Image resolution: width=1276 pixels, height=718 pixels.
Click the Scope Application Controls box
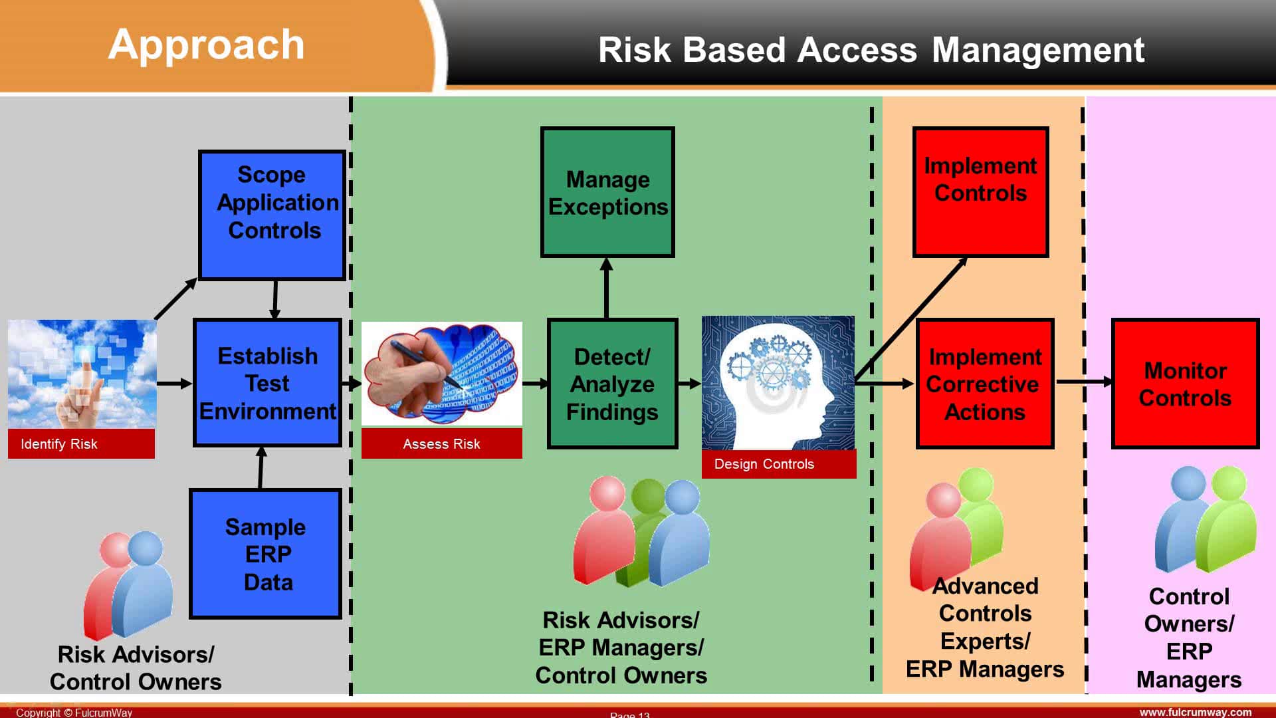pyautogui.click(x=272, y=215)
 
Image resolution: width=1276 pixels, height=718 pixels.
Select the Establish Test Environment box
pyautogui.click(x=267, y=383)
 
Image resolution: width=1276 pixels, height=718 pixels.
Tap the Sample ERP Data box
pyautogui.click(x=265, y=554)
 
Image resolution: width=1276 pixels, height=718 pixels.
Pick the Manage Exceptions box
pyautogui.click(x=607, y=192)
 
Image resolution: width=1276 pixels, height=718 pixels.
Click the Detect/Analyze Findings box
pyautogui.click(x=612, y=384)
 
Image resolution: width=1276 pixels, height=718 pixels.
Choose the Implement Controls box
pyautogui.click(x=980, y=191)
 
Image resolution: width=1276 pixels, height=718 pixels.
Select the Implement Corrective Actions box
pyautogui.click(x=984, y=384)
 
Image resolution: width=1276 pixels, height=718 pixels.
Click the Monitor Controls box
pyautogui.click(x=1185, y=384)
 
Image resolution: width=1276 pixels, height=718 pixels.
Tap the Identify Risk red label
pyautogui.click(x=81, y=443)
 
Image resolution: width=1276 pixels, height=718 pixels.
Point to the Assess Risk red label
pyautogui.click(x=441, y=443)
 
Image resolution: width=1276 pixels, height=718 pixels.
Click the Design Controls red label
pyautogui.click(x=778, y=464)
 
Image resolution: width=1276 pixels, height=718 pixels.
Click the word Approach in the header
pyautogui.click(x=206, y=45)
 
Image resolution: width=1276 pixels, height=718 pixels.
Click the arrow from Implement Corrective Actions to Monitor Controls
pyautogui.click(x=1084, y=382)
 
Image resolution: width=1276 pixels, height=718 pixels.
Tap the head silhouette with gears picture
pyautogui.click(x=778, y=382)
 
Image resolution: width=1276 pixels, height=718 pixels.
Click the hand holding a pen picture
pyautogui.click(x=441, y=373)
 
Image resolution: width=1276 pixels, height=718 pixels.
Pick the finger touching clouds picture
pyautogui.click(x=82, y=374)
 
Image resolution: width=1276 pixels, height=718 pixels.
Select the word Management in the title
pyautogui.click(x=1037, y=51)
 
